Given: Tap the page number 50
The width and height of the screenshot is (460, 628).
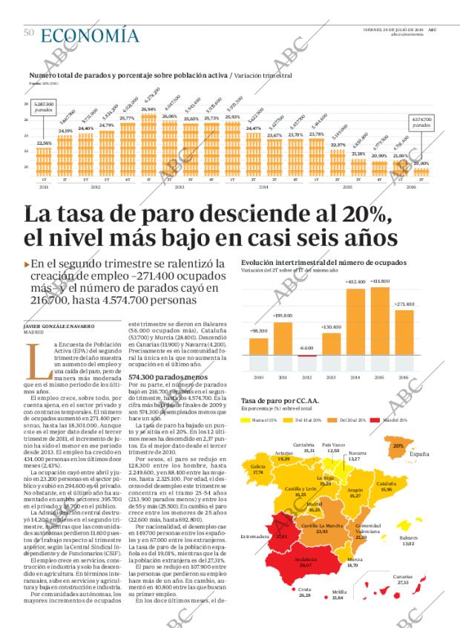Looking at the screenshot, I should pyautogui.click(x=29, y=33).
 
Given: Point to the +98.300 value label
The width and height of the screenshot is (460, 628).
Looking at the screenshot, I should pyautogui.click(x=259, y=331).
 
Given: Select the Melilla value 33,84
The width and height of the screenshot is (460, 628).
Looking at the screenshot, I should pyautogui.click(x=338, y=618).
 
